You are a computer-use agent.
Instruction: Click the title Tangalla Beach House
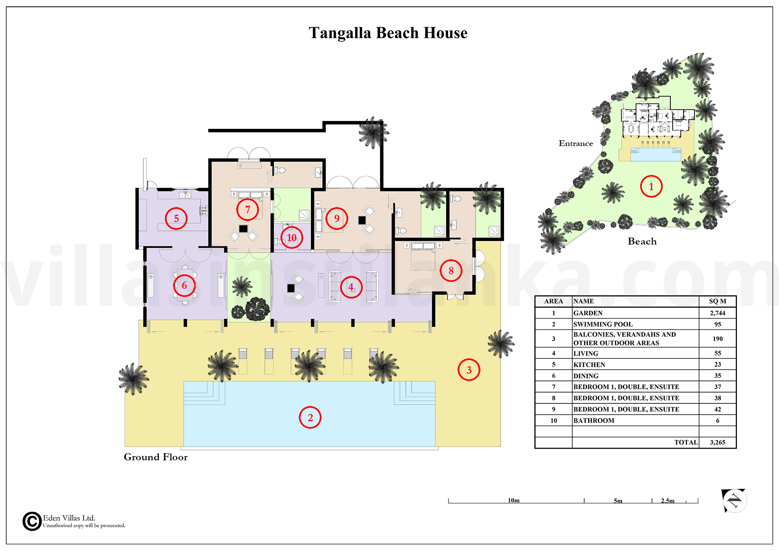(x=388, y=33)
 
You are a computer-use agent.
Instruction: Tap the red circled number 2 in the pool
(x=310, y=417)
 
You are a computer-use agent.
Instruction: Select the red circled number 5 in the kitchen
(x=176, y=218)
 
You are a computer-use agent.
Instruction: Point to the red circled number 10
(x=291, y=238)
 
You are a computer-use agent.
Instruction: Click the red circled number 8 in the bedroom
(x=451, y=271)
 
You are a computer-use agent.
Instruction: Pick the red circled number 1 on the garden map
(x=651, y=187)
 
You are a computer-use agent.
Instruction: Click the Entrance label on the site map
(x=576, y=143)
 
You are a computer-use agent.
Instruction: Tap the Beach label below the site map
(x=642, y=241)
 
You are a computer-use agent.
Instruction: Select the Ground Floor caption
(x=155, y=457)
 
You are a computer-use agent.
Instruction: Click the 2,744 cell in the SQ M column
(x=717, y=313)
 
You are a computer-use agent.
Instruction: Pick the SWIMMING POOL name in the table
(x=603, y=324)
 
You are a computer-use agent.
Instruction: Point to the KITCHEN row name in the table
(x=589, y=365)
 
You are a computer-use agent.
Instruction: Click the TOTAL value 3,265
(x=717, y=442)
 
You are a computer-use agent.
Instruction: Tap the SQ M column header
(x=717, y=301)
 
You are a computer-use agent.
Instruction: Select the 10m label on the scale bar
(x=513, y=500)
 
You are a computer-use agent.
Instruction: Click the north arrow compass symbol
(x=734, y=500)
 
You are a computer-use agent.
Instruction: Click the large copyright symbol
(x=32, y=521)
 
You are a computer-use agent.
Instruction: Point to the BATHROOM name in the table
(x=594, y=421)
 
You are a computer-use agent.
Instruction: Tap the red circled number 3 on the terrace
(x=469, y=370)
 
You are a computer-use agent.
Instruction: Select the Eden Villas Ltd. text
(x=69, y=518)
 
